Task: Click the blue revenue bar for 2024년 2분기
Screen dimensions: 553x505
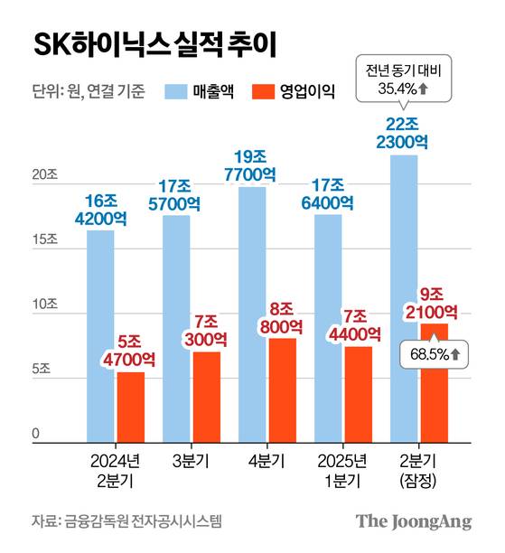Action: [100, 334]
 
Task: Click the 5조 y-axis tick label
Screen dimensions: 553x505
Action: [44, 369]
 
